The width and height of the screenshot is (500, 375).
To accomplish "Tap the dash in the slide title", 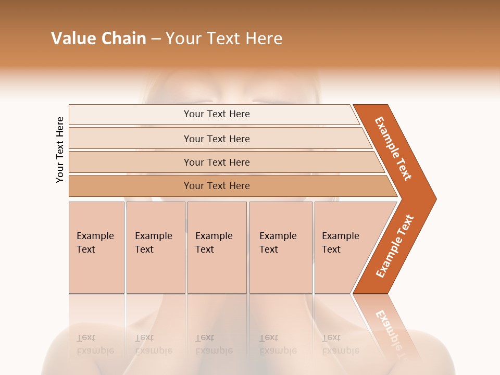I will (x=156, y=39).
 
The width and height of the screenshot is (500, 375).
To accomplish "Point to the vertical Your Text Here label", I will (x=60, y=149).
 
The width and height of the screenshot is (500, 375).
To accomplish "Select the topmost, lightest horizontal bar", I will (x=216, y=114).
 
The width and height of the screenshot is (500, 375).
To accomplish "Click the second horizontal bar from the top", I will (x=216, y=139).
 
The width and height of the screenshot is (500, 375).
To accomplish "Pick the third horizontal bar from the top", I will (x=216, y=162).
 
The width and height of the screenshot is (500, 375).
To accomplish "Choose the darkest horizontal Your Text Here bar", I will (x=216, y=186).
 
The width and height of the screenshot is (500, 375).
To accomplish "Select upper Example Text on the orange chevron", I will (x=393, y=148).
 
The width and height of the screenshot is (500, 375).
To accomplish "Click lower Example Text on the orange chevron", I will (x=395, y=246).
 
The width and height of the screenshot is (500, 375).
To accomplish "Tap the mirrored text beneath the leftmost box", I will (x=95, y=344).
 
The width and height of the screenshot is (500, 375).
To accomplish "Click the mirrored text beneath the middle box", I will (x=214, y=344).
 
